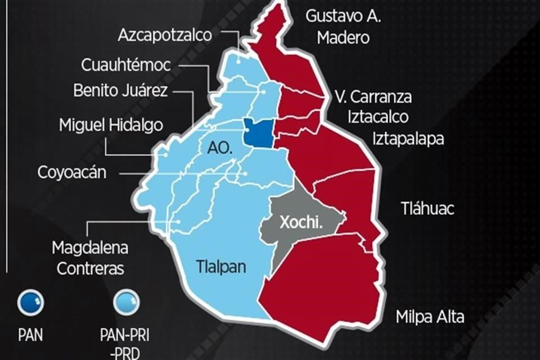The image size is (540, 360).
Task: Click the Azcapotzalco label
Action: [x=165, y=35]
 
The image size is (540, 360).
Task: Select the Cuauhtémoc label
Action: [x=125, y=65]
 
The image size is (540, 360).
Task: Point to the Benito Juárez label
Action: [x=120, y=91]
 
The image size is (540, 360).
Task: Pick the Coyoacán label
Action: [x=72, y=172]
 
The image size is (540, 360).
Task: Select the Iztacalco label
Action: [x=378, y=117]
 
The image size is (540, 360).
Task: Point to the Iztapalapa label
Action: [x=408, y=138]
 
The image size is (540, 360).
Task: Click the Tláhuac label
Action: [x=427, y=209]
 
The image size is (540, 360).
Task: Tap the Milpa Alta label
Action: [x=430, y=317]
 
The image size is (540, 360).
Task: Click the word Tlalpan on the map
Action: [x=221, y=267]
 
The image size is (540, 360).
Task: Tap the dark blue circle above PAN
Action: [x=30, y=303]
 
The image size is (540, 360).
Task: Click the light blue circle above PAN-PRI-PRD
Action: [x=125, y=303]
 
